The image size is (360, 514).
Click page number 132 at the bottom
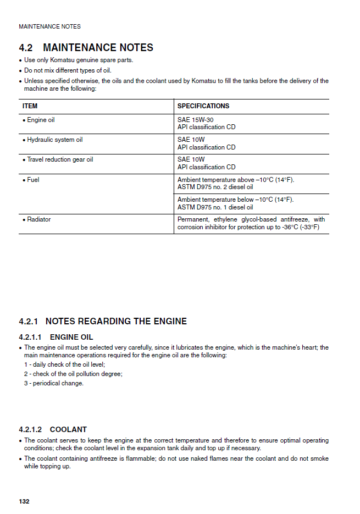point(24,501)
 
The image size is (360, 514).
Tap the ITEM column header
point(30,106)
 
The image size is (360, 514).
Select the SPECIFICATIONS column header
point(203,106)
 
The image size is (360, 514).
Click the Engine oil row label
point(41,120)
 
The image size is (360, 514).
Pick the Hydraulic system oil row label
point(54,140)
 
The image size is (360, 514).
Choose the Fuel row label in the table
point(33,180)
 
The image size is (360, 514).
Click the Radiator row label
point(38,219)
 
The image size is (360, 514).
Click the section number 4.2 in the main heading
point(26,48)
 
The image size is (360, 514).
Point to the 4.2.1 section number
point(28,321)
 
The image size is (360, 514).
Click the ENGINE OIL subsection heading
point(71,337)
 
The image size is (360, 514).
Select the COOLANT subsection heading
point(68,429)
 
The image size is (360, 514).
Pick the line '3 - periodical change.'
point(54,383)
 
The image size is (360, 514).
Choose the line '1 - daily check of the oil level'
point(64,364)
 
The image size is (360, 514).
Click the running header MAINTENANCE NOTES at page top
point(49,26)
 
